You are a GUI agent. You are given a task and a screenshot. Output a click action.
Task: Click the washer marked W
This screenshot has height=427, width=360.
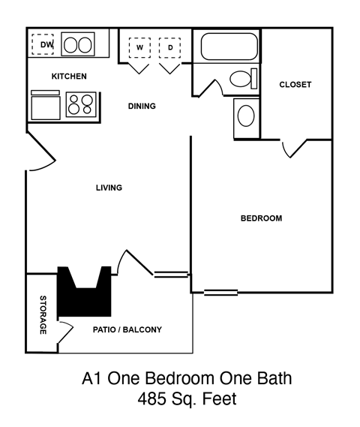(x=139, y=49)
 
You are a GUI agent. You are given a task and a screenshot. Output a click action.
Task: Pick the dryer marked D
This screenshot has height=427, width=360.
(x=170, y=49)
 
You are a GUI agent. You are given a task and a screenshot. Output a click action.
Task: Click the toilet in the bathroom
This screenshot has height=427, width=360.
(x=241, y=78)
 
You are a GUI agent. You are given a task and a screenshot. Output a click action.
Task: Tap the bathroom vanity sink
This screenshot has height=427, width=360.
(x=245, y=116)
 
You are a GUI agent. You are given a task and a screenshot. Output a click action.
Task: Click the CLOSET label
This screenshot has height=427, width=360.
(x=295, y=85)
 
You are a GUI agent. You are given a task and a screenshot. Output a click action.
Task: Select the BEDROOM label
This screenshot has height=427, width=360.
(x=261, y=218)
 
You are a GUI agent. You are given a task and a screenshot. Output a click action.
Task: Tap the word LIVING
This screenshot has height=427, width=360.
(x=109, y=188)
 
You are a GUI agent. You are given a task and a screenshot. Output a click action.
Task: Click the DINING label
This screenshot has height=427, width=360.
(x=142, y=106)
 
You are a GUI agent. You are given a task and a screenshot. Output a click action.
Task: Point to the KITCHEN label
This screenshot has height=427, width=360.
(x=69, y=77)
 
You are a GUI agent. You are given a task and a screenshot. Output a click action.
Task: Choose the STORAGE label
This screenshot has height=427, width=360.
(x=43, y=315)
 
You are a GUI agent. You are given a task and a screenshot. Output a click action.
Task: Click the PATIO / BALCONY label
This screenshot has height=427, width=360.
(x=127, y=329)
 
